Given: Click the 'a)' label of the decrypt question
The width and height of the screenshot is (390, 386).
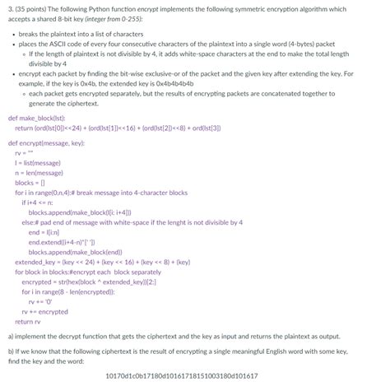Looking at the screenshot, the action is coord(9,337).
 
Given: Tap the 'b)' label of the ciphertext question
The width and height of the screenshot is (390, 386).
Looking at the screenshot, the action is coord(9,351).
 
